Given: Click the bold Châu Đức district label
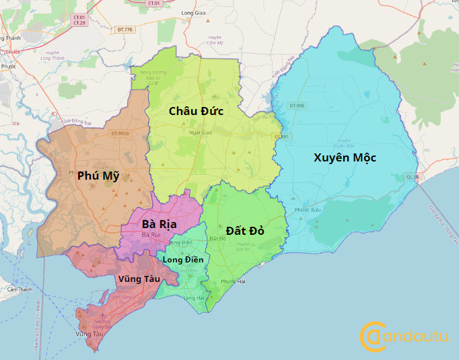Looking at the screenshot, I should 196,110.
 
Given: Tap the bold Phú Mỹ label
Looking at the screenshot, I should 98,176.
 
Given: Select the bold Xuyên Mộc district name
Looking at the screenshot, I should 345,157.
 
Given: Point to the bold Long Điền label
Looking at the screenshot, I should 182,260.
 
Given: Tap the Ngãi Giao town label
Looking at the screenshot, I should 201,133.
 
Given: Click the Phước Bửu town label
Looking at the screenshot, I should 307,210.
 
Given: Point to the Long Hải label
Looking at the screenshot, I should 193,297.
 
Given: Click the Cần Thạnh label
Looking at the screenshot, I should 20,289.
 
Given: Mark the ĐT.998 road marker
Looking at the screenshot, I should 297,106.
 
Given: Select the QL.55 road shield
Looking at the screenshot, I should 412,177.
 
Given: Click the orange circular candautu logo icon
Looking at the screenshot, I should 373,336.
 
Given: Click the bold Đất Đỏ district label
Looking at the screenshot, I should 244,231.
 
